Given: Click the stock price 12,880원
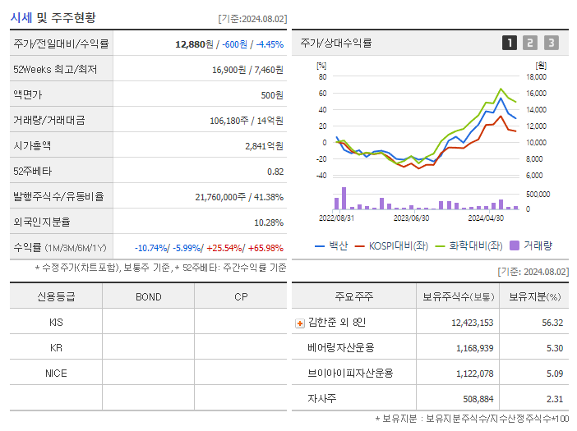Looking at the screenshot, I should (195, 44).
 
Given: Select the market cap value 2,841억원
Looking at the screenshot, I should (264, 145).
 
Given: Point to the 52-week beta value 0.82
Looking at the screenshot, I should (275, 171).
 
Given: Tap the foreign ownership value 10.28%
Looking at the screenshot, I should (269, 222).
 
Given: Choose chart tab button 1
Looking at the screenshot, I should (510, 43).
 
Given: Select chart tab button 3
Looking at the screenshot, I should (551, 43).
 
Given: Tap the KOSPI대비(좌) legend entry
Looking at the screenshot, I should (394, 245).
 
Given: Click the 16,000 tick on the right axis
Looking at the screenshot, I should (535, 93).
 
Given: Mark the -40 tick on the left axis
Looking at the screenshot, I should (321, 175).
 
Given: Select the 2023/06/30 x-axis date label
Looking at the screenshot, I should (411, 218).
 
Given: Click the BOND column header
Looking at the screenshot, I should (148, 296).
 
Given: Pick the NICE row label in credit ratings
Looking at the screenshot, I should (56, 373).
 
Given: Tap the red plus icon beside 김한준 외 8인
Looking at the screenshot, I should (300, 323).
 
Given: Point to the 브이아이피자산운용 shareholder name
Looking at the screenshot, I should (350, 374).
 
